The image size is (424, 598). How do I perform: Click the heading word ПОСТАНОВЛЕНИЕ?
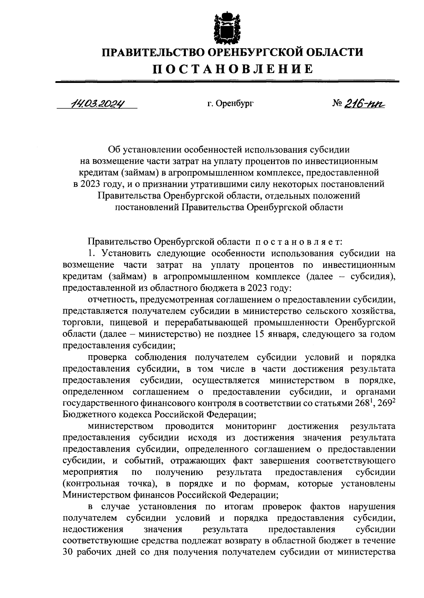pos(233,68)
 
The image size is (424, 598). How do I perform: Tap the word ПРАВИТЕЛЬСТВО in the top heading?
pos(152,53)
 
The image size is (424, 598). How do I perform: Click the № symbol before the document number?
pos(338,103)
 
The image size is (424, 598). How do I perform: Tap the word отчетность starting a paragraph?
pos(109,300)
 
